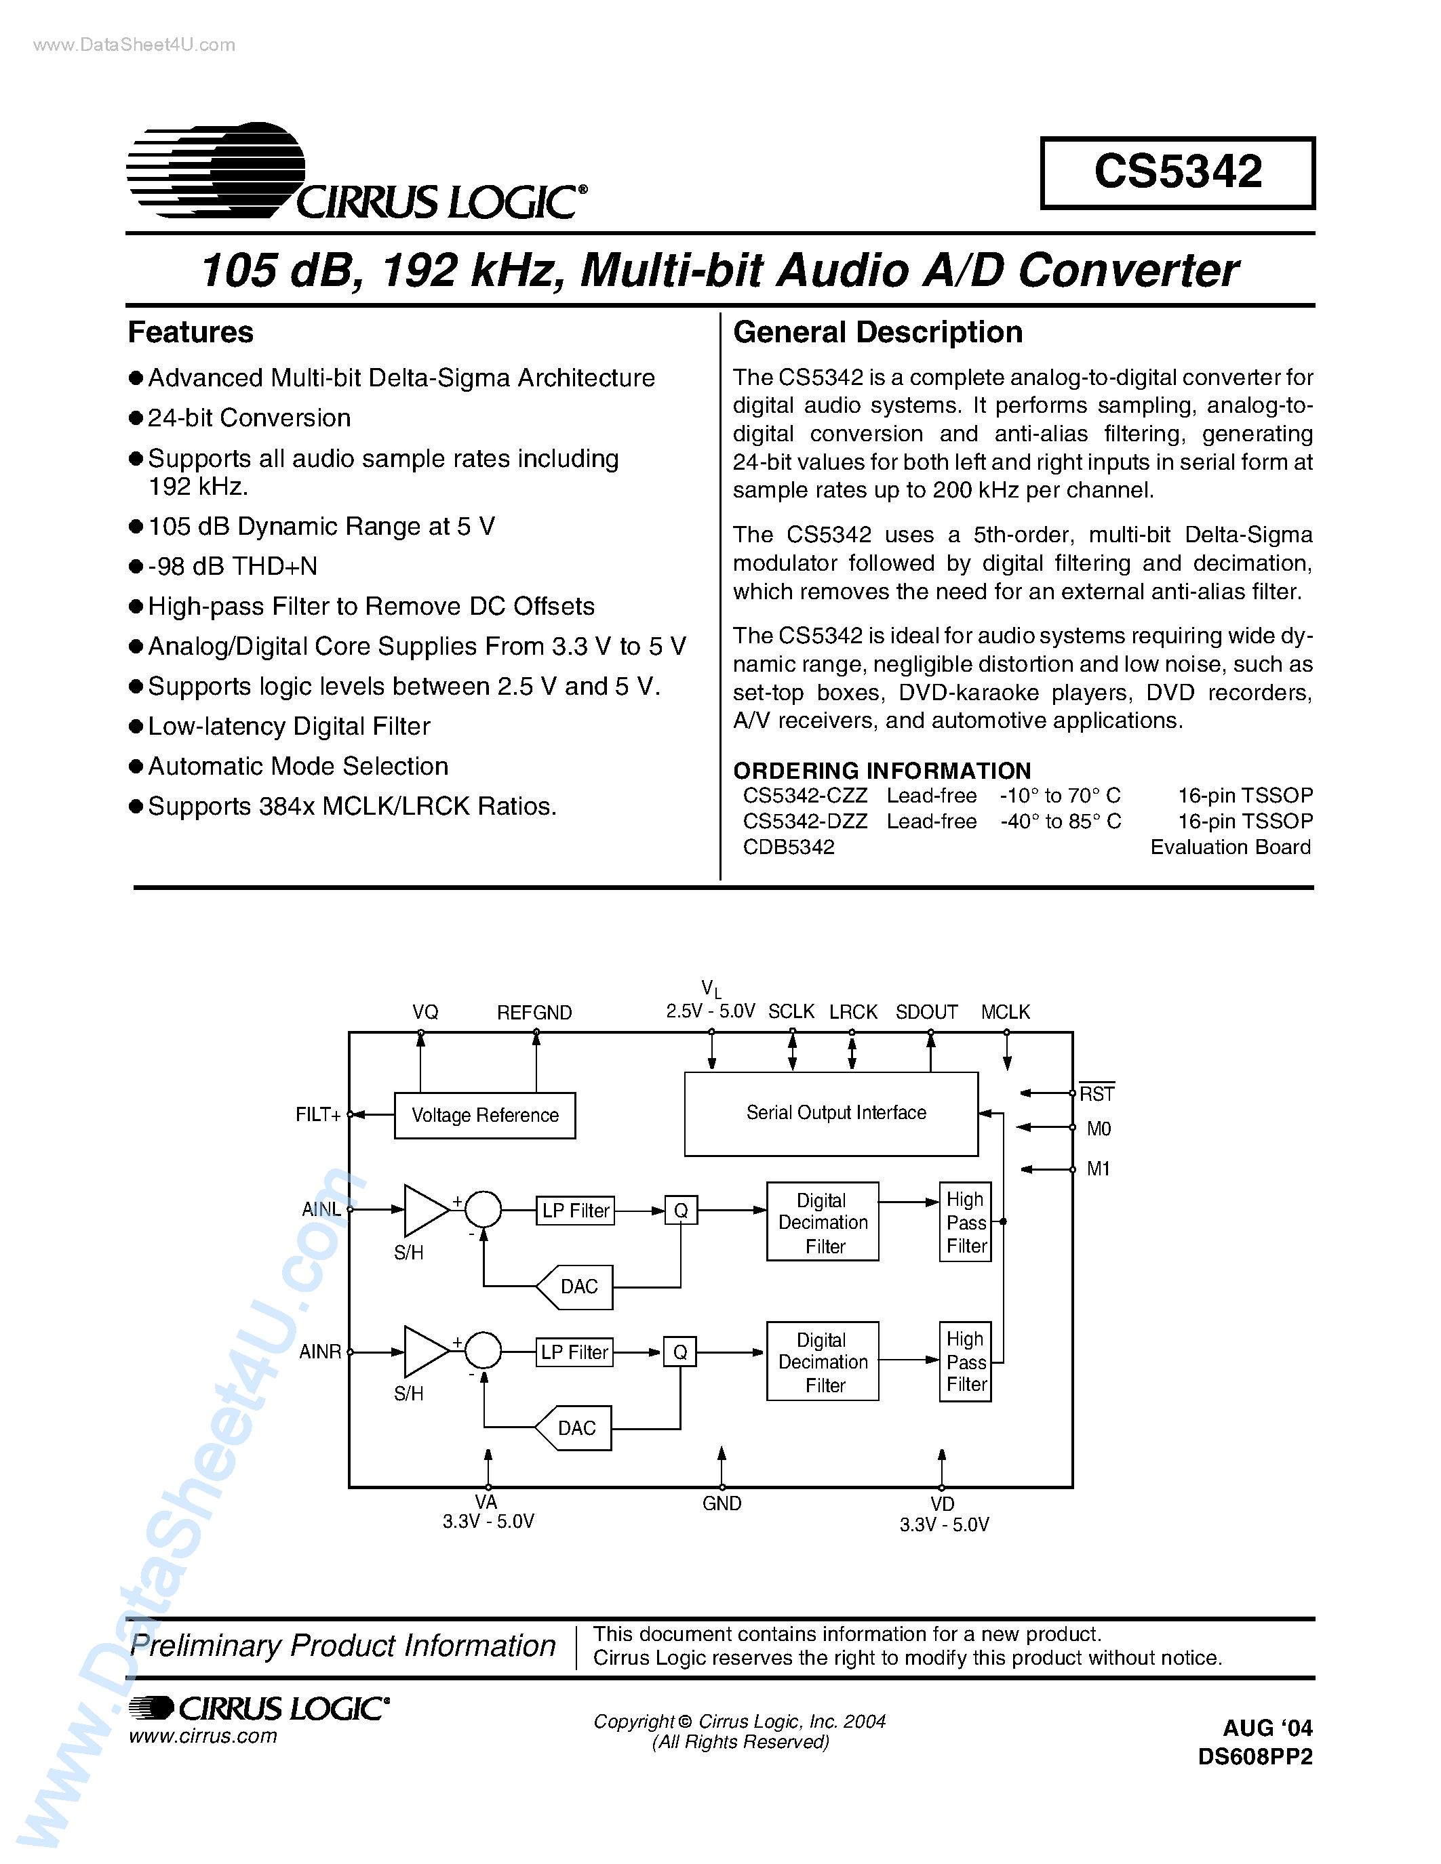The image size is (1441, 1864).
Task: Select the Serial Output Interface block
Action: click(831, 1113)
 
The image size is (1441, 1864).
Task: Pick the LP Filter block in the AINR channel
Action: click(574, 1352)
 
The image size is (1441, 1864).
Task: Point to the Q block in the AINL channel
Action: click(680, 1210)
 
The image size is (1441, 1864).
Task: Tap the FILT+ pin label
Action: click(317, 1114)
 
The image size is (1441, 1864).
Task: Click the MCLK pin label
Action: click(1005, 1012)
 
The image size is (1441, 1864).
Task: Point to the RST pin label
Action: click(1097, 1093)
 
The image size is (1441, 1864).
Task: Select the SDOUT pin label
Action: click(926, 1012)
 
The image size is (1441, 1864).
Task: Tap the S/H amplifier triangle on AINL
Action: click(423, 1209)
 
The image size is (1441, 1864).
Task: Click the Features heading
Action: click(191, 332)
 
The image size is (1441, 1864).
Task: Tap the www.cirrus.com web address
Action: click(203, 1736)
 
